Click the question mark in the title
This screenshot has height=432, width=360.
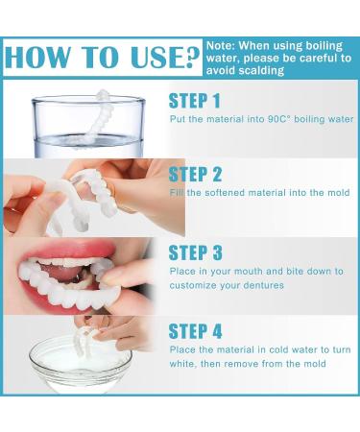pyautogui.click(x=189, y=58)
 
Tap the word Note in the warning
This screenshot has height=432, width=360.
pyautogui.click(x=221, y=44)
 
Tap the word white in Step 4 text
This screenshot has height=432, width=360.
pyautogui.click(x=184, y=364)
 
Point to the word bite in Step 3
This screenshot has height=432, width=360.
pyautogui.click(x=281, y=272)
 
